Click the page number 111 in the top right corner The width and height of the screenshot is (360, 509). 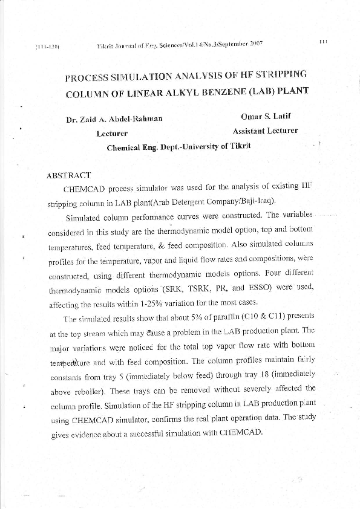pos(322,41)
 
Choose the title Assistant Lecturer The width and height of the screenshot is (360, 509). pos(265,131)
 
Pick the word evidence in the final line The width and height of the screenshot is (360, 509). pos(91,435)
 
